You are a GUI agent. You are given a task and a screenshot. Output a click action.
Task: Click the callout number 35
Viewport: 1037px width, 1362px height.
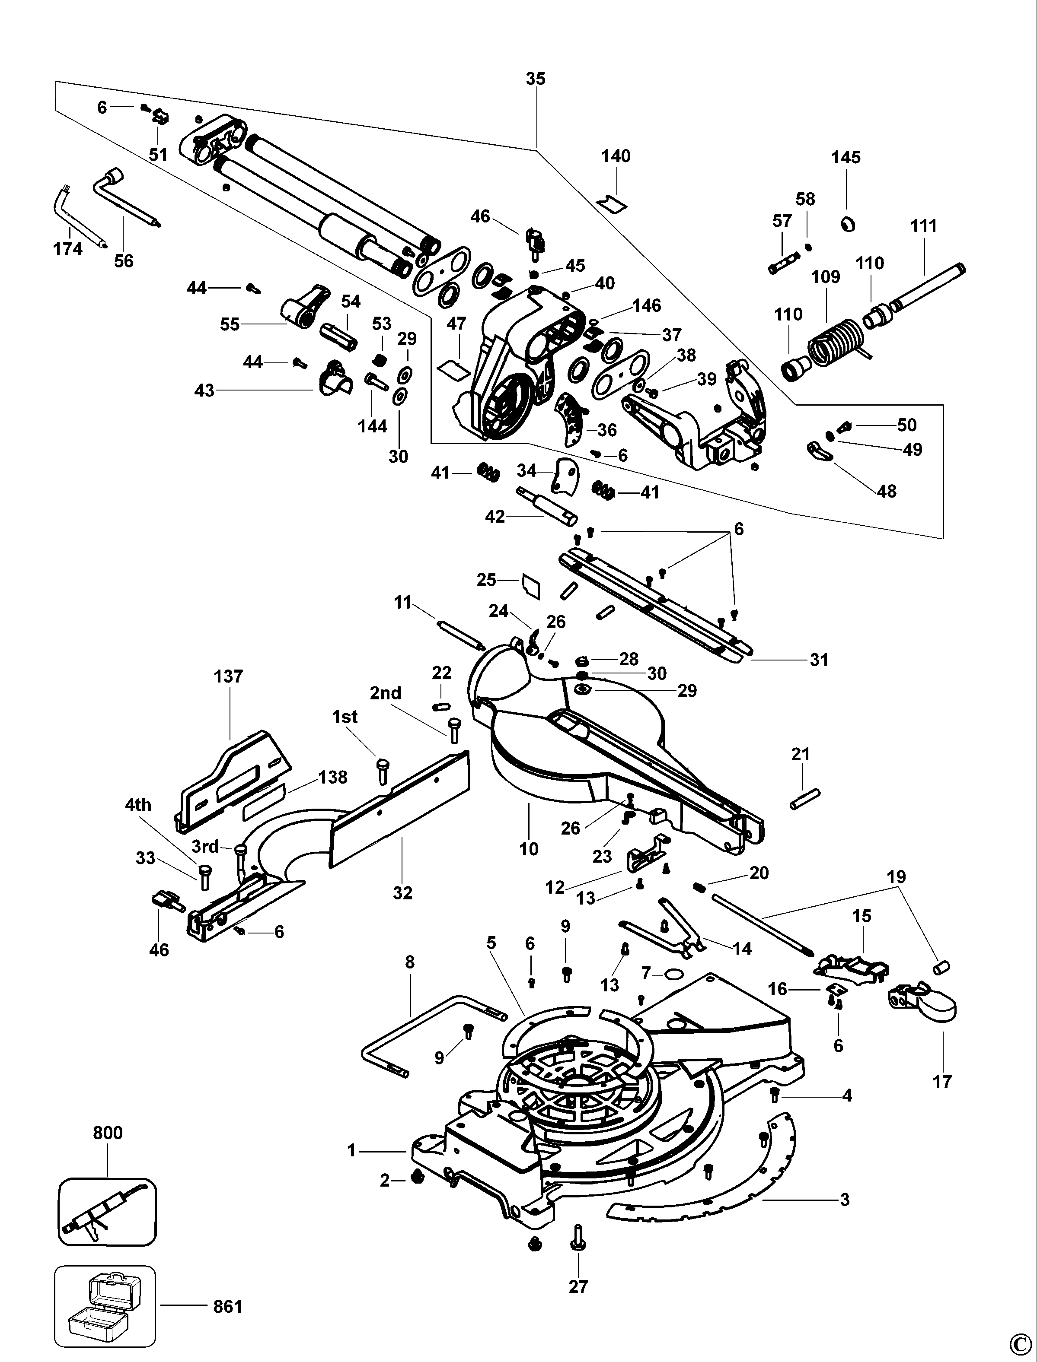536,79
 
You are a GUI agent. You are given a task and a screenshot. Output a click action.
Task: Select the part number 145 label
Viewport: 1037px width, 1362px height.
846,157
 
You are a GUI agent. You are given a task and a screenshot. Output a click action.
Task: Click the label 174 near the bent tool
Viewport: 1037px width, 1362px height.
68,249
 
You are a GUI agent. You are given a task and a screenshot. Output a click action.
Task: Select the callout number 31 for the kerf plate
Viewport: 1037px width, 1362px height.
819,660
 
